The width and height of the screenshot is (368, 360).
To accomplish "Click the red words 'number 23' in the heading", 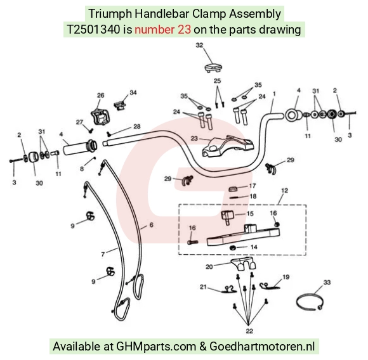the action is click(162, 30).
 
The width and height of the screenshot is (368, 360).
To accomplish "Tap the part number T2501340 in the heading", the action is click(93, 30).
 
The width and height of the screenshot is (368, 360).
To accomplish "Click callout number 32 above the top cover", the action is click(199, 45).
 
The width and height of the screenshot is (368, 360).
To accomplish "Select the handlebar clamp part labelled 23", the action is click(228, 146).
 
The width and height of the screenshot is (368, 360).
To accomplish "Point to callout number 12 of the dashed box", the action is click(284, 191).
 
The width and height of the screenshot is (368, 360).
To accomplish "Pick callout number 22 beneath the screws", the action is click(249, 331).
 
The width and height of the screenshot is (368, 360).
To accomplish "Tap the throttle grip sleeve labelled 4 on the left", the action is click(80, 147).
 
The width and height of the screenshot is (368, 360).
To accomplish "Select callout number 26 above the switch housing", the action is click(101, 96).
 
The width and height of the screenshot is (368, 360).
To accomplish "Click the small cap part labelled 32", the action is click(213, 67).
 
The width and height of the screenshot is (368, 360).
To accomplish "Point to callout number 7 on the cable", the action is click(103, 254).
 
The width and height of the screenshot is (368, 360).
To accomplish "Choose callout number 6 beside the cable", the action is click(152, 225).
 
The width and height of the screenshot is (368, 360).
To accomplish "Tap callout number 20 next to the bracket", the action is click(209, 267).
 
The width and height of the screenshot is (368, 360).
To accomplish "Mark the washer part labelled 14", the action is click(233, 247).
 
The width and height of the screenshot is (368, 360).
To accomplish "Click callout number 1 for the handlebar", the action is click(274, 94).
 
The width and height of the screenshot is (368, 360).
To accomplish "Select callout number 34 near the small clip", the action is click(133, 93).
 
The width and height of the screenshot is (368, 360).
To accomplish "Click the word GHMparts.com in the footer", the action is click(156, 346).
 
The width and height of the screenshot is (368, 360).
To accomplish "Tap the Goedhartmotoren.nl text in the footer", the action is click(262, 346).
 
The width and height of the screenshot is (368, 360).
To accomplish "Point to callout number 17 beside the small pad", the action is click(253, 186).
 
